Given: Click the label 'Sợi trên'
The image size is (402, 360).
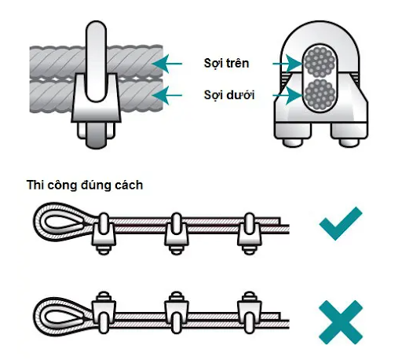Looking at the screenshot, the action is pyautogui.click(x=226, y=64).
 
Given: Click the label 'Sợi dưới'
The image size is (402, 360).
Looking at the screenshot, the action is pyautogui.click(x=229, y=95).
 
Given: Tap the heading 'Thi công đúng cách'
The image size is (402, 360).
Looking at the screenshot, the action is pyautogui.click(x=85, y=185).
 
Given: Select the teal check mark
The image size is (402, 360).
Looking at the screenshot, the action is pyautogui.click(x=341, y=223).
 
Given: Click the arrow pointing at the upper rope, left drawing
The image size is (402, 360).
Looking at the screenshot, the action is pyautogui.click(x=166, y=64).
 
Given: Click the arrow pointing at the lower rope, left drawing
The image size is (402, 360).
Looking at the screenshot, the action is pyautogui.click(x=166, y=95).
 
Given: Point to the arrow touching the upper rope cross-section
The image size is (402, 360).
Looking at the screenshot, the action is pyautogui.click(x=287, y=64).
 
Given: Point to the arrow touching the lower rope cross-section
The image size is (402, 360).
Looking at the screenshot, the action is pyautogui.click(x=287, y=95).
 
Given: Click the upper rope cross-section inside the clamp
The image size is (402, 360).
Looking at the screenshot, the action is pyautogui.click(x=320, y=63).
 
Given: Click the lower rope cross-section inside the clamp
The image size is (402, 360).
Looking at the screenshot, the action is pyautogui.click(x=320, y=95).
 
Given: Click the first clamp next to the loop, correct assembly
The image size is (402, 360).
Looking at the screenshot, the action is pyautogui.click(x=104, y=233).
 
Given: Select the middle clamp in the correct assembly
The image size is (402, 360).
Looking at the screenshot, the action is pyautogui.click(x=177, y=233).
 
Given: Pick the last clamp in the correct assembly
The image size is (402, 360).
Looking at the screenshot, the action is pyautogui.click(x=250, y=233).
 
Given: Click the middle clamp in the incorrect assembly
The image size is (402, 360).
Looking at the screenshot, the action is pyautogui.click(x=177, y=312).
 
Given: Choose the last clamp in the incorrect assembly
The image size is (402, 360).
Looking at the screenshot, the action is pyautogui.click(x=250, y=312).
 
